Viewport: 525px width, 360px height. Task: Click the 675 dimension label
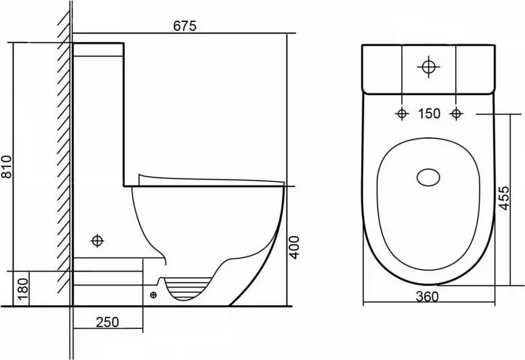pyautogui.click(x=185, y=26)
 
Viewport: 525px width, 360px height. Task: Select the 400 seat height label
pyautogui.click(x=294, y=247)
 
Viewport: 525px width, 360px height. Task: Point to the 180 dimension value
pyautogui.click(x=23, y=289)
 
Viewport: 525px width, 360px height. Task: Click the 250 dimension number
pyautogui.click(x=107, y=322)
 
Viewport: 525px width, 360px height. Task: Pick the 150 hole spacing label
pyautogui.click(x=429, y=113)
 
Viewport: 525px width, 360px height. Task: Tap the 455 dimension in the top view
pyautogui.click(x=504, y=198)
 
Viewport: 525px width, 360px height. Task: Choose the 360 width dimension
pyautogui.click(x=427, y=297)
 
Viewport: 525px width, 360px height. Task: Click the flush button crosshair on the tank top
pyautogui.click(x=429, y=67)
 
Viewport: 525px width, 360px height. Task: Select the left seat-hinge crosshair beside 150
pyautogui.click(x=402, y=114)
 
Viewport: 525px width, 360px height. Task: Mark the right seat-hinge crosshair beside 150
pyautogui.click(x=455, y=114)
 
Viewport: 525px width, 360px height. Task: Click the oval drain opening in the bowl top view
pyautogui.click(x=429, y=177)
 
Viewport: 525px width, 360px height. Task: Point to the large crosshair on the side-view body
pyautogui.click(x=98, y=240)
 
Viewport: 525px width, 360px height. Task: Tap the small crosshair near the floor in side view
pyautogui.click(x=153, y=295)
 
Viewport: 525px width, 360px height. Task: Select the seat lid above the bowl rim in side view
pyautogui.click(x=211, y=180)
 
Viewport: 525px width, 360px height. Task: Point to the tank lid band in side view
pyautogui.click(x=98, y=49)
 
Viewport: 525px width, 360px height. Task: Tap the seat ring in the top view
pyautogui.click(x=429, y=204)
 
